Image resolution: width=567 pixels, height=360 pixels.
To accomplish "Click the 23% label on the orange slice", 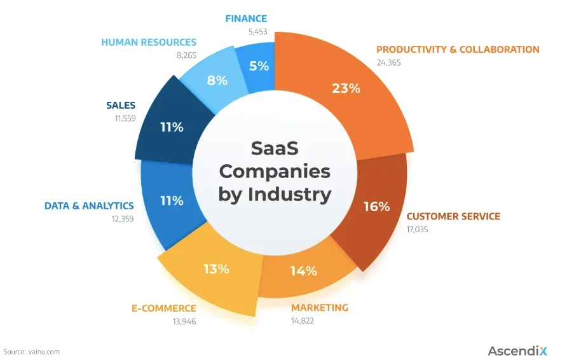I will point(346,88).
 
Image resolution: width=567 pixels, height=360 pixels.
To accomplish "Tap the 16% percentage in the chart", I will point(376,207).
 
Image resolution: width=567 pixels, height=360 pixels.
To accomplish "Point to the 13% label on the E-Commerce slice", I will point(216,268).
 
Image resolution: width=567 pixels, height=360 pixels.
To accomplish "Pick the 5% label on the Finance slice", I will point(259,65).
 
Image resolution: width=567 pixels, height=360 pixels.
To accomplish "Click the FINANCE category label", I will point(246,18).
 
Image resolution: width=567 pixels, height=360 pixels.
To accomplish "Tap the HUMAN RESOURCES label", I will point(149,43).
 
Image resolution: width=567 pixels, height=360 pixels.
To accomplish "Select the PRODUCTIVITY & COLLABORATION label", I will point(458,49).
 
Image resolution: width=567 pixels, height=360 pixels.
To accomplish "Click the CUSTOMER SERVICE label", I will point(453,216).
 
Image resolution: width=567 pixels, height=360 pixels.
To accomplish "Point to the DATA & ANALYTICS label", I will point(89,206).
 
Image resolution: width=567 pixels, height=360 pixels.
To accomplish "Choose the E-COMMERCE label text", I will point(164,308).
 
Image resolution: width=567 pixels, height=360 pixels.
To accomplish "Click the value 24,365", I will point(390,62).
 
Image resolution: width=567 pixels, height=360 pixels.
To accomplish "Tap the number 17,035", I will point(417,229).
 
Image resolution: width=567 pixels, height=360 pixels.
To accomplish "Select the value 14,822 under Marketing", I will point(303,321).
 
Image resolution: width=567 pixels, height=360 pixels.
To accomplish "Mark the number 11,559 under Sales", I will point(121,118).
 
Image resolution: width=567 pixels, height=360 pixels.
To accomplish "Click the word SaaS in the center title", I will point(275,148).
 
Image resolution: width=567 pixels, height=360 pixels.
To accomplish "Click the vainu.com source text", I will point(44,351).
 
